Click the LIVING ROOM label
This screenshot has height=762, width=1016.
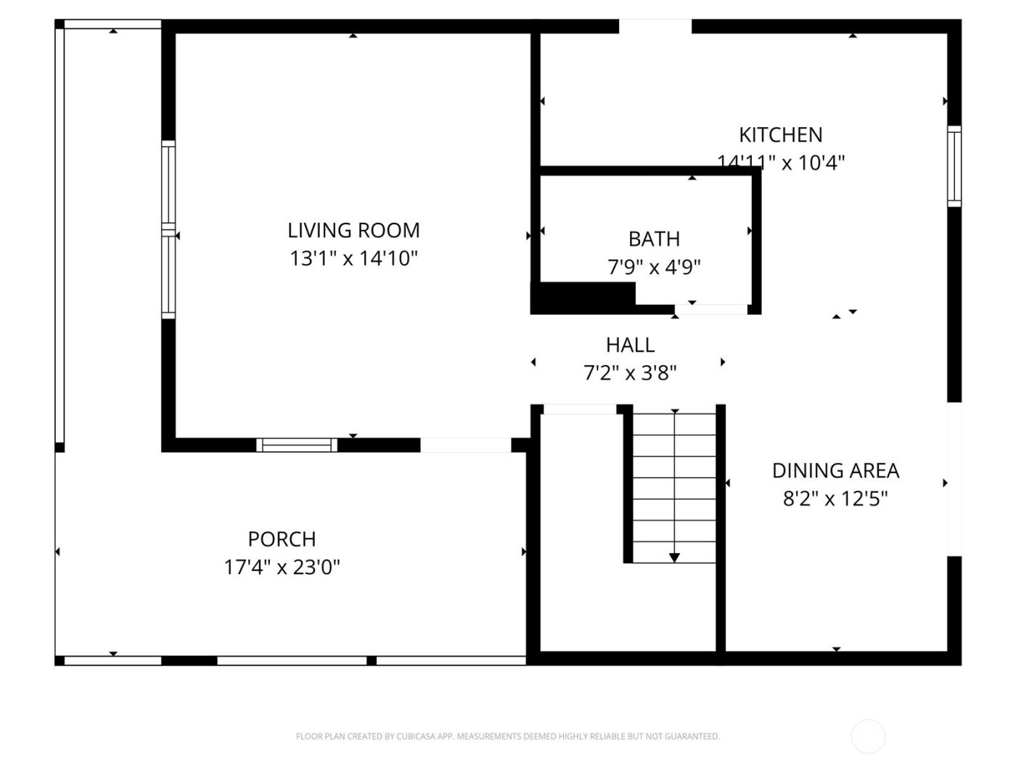(x=353, y=231)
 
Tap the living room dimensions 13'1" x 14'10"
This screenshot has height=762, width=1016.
(x=353, y=258)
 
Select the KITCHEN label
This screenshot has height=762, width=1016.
(x=780, y=135)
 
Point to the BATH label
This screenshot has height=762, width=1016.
(x=654, y=239)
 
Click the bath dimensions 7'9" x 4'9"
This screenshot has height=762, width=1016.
(x=654, y=267)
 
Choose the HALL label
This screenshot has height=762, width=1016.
(x=630, y=345)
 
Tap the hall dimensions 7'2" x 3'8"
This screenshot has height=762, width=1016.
(x=630, y=373)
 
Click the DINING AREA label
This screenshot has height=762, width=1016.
(x=835, y=471)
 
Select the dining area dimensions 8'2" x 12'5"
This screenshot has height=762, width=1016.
(x=835, y=499)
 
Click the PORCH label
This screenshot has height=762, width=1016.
(x=282, y=539)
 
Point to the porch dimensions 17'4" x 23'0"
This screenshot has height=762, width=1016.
(x=282, y=567)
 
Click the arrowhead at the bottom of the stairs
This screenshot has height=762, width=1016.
(x=675, y=557)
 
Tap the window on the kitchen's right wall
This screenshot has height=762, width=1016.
(x=954, y=166)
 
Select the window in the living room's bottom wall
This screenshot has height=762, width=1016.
(x=297, y=445)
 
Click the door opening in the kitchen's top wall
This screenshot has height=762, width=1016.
(x=655, y=27)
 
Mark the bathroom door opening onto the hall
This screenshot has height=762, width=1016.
(x=710, y=310)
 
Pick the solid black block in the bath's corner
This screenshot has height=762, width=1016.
(x=583, y=297)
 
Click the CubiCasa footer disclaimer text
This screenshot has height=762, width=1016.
(x=507, y=737)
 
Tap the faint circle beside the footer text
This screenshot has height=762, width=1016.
(x=868, y=737)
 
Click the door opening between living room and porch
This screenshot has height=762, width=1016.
(x=466, y=445)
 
